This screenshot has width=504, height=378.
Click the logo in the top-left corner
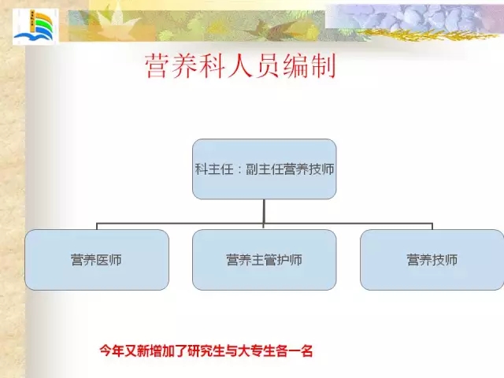35,26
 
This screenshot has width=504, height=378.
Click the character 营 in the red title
157,66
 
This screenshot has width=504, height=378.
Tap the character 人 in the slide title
239,66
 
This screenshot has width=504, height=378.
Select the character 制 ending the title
323,66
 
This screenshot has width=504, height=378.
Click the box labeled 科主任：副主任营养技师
265,169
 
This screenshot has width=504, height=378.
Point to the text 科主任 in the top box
214,169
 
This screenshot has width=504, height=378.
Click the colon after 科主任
239,170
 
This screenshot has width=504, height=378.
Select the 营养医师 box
97,260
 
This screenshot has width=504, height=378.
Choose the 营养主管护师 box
265,260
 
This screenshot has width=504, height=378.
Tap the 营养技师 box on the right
432,260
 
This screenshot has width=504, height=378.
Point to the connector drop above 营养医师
97,226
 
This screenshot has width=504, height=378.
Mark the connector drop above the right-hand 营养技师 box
432,226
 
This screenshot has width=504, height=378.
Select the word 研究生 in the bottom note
206,350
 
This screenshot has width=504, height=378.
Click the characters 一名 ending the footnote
301,350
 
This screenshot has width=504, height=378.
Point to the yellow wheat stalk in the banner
428,35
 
